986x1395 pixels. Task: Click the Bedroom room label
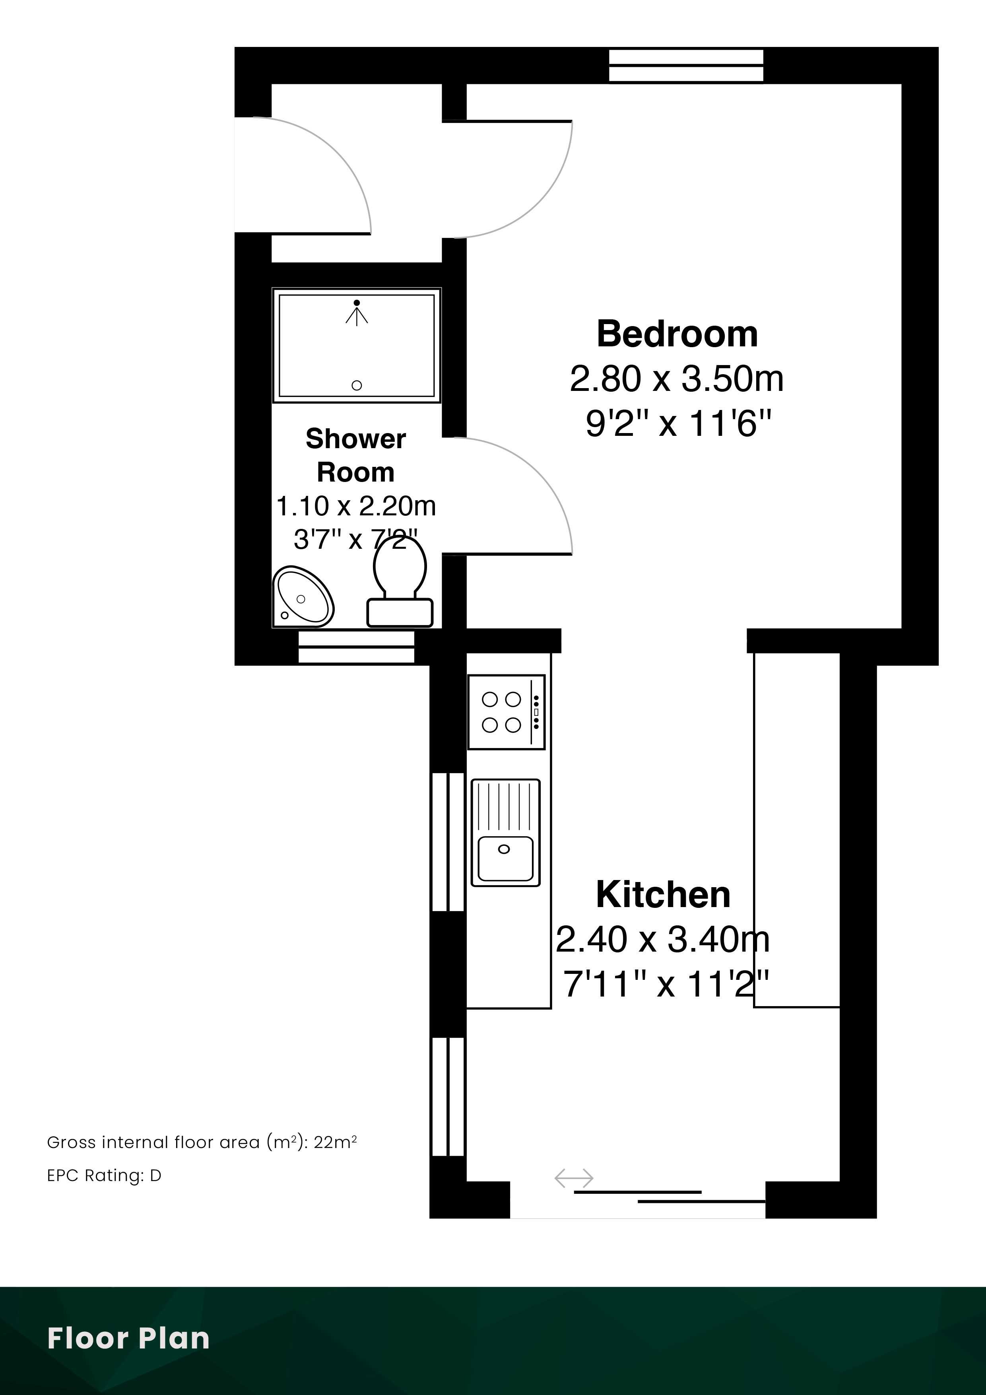tap(677, 334)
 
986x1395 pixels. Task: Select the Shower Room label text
tap(356, 455)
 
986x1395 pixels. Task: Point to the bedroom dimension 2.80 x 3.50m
tap(677, 379)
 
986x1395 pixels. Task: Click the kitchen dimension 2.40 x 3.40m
tap(663, 939)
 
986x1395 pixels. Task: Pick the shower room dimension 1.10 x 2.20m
tap(356, 505)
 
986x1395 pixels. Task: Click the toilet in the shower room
tap(400, 583)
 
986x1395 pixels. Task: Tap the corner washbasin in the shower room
tap(303, 596)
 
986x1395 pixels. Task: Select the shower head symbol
tap(357, 312)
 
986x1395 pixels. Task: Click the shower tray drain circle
tap(357, 385)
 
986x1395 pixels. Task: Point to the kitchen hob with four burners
tap(506, 711)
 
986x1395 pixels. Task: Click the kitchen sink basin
tap(505, 859)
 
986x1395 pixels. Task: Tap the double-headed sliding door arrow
tap(573, 1178)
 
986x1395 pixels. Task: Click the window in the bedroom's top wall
tap(686, 65)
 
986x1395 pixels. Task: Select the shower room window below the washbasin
tap(356, 647)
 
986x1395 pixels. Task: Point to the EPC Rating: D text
tap(104, 1175)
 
